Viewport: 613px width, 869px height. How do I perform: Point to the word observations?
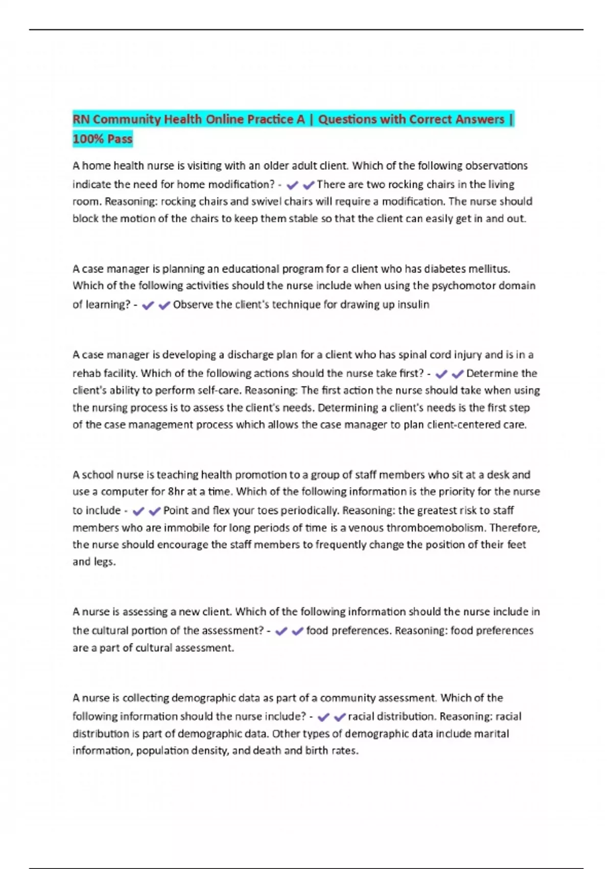pyautogui.click(x=495, y=166)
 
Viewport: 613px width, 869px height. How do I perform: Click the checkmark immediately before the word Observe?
pyautogui.click(x=164, y=306)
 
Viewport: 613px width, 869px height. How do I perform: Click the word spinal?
pyautogui.click(x=414, y=354)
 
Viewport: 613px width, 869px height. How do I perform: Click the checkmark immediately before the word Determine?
pyautogui.click(x=458, y=374)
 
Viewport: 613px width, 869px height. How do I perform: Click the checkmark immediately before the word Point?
pyautogui.click(x=155, y=511)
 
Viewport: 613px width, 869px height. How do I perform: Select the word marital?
pyautogui.click(x=490, y=734)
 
